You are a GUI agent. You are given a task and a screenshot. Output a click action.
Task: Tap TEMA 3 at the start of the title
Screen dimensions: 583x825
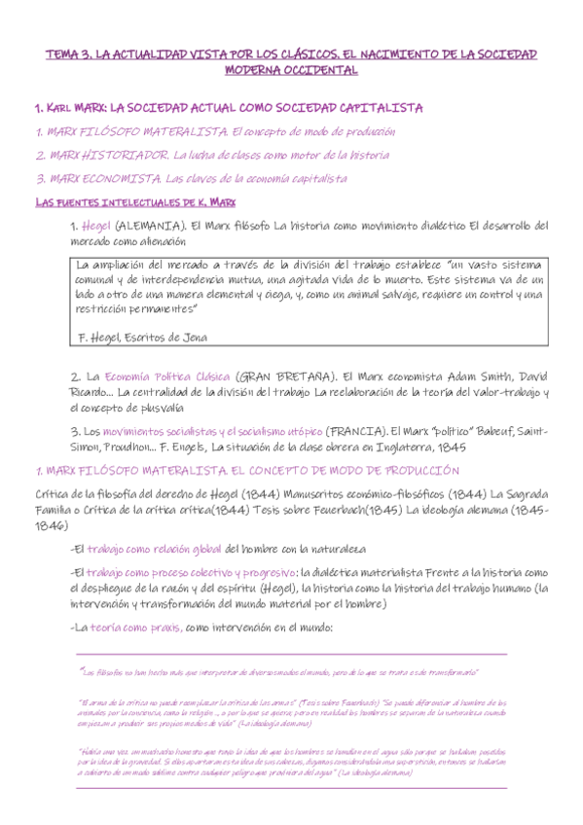click(x=66, y=55)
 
